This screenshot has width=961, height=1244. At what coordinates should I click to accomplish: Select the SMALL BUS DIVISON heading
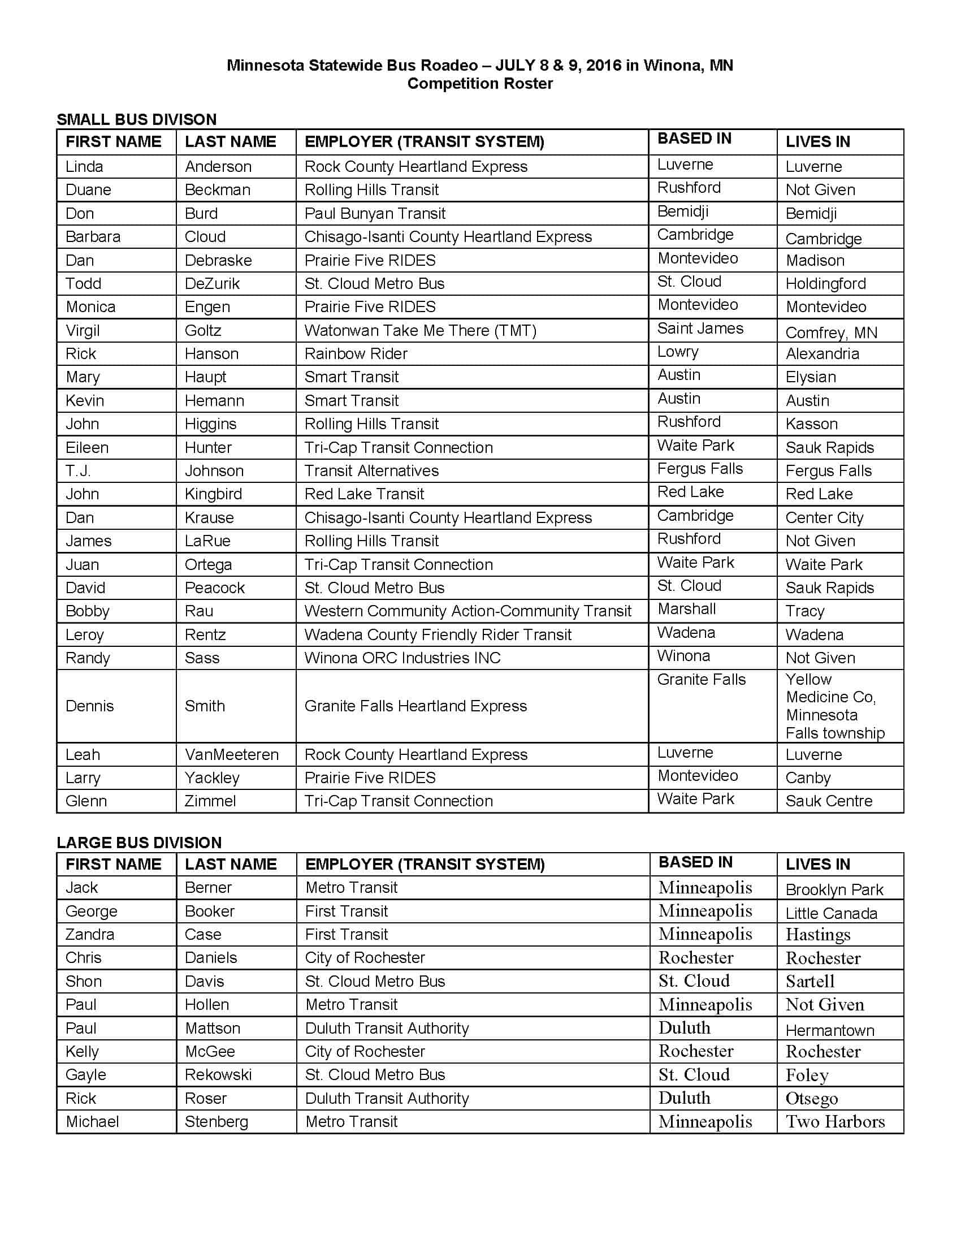137,120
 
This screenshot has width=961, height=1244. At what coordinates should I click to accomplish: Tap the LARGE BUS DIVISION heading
139,843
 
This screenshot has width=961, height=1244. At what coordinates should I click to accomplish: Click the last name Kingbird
214,494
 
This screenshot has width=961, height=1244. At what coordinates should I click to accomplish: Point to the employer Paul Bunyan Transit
375,214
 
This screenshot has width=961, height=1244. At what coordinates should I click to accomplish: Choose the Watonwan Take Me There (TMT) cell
420,330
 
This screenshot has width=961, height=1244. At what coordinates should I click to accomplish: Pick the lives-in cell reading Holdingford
825,284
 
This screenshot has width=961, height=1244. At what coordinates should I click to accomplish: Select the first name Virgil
83,330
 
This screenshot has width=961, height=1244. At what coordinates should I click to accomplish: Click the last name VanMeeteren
232,755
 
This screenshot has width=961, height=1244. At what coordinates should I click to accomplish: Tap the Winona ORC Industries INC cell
402,658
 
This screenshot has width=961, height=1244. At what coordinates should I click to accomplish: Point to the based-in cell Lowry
677,352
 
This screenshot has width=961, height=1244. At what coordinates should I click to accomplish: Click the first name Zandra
90,934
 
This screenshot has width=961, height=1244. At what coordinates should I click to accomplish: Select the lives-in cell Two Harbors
835,1121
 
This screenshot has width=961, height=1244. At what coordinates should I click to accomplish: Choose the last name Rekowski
218,1075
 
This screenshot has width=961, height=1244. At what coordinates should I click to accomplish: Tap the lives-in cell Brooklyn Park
834,889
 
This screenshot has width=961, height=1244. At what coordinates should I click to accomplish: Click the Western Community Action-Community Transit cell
468,611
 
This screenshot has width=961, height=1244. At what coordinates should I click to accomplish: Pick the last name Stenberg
217,1121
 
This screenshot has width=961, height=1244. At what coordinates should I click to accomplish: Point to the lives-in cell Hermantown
829,1030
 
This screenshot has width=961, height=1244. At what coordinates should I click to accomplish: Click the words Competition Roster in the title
480,84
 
